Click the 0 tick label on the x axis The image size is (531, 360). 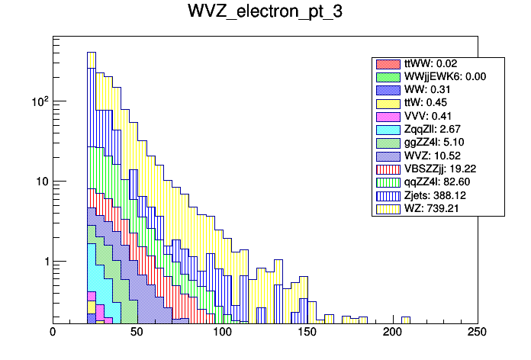[53, 333]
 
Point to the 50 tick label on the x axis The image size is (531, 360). [137, 333]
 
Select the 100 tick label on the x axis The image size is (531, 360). [222, 333]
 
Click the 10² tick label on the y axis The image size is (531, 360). [37, 101]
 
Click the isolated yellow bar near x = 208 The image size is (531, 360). [406, 320]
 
